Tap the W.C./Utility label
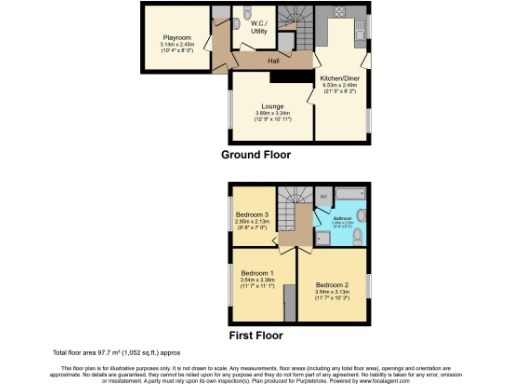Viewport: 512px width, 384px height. point(259,28)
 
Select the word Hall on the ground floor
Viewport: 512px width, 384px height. point(273,61)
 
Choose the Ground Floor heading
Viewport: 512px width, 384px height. point(256,155)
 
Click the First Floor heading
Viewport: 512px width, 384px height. point(255,335)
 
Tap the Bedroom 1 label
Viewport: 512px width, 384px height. point(257,273)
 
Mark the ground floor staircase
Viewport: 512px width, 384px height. point(296,25)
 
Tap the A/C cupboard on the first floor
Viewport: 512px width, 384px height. point(323,196)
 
